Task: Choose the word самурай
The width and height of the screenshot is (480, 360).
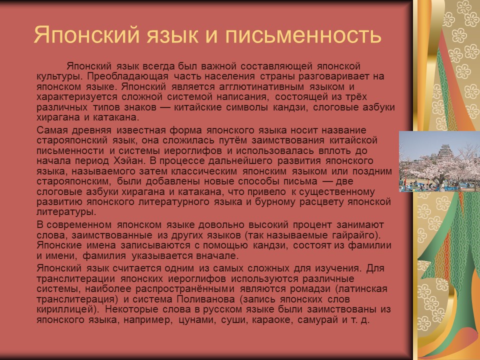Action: (x=317, y=320)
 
